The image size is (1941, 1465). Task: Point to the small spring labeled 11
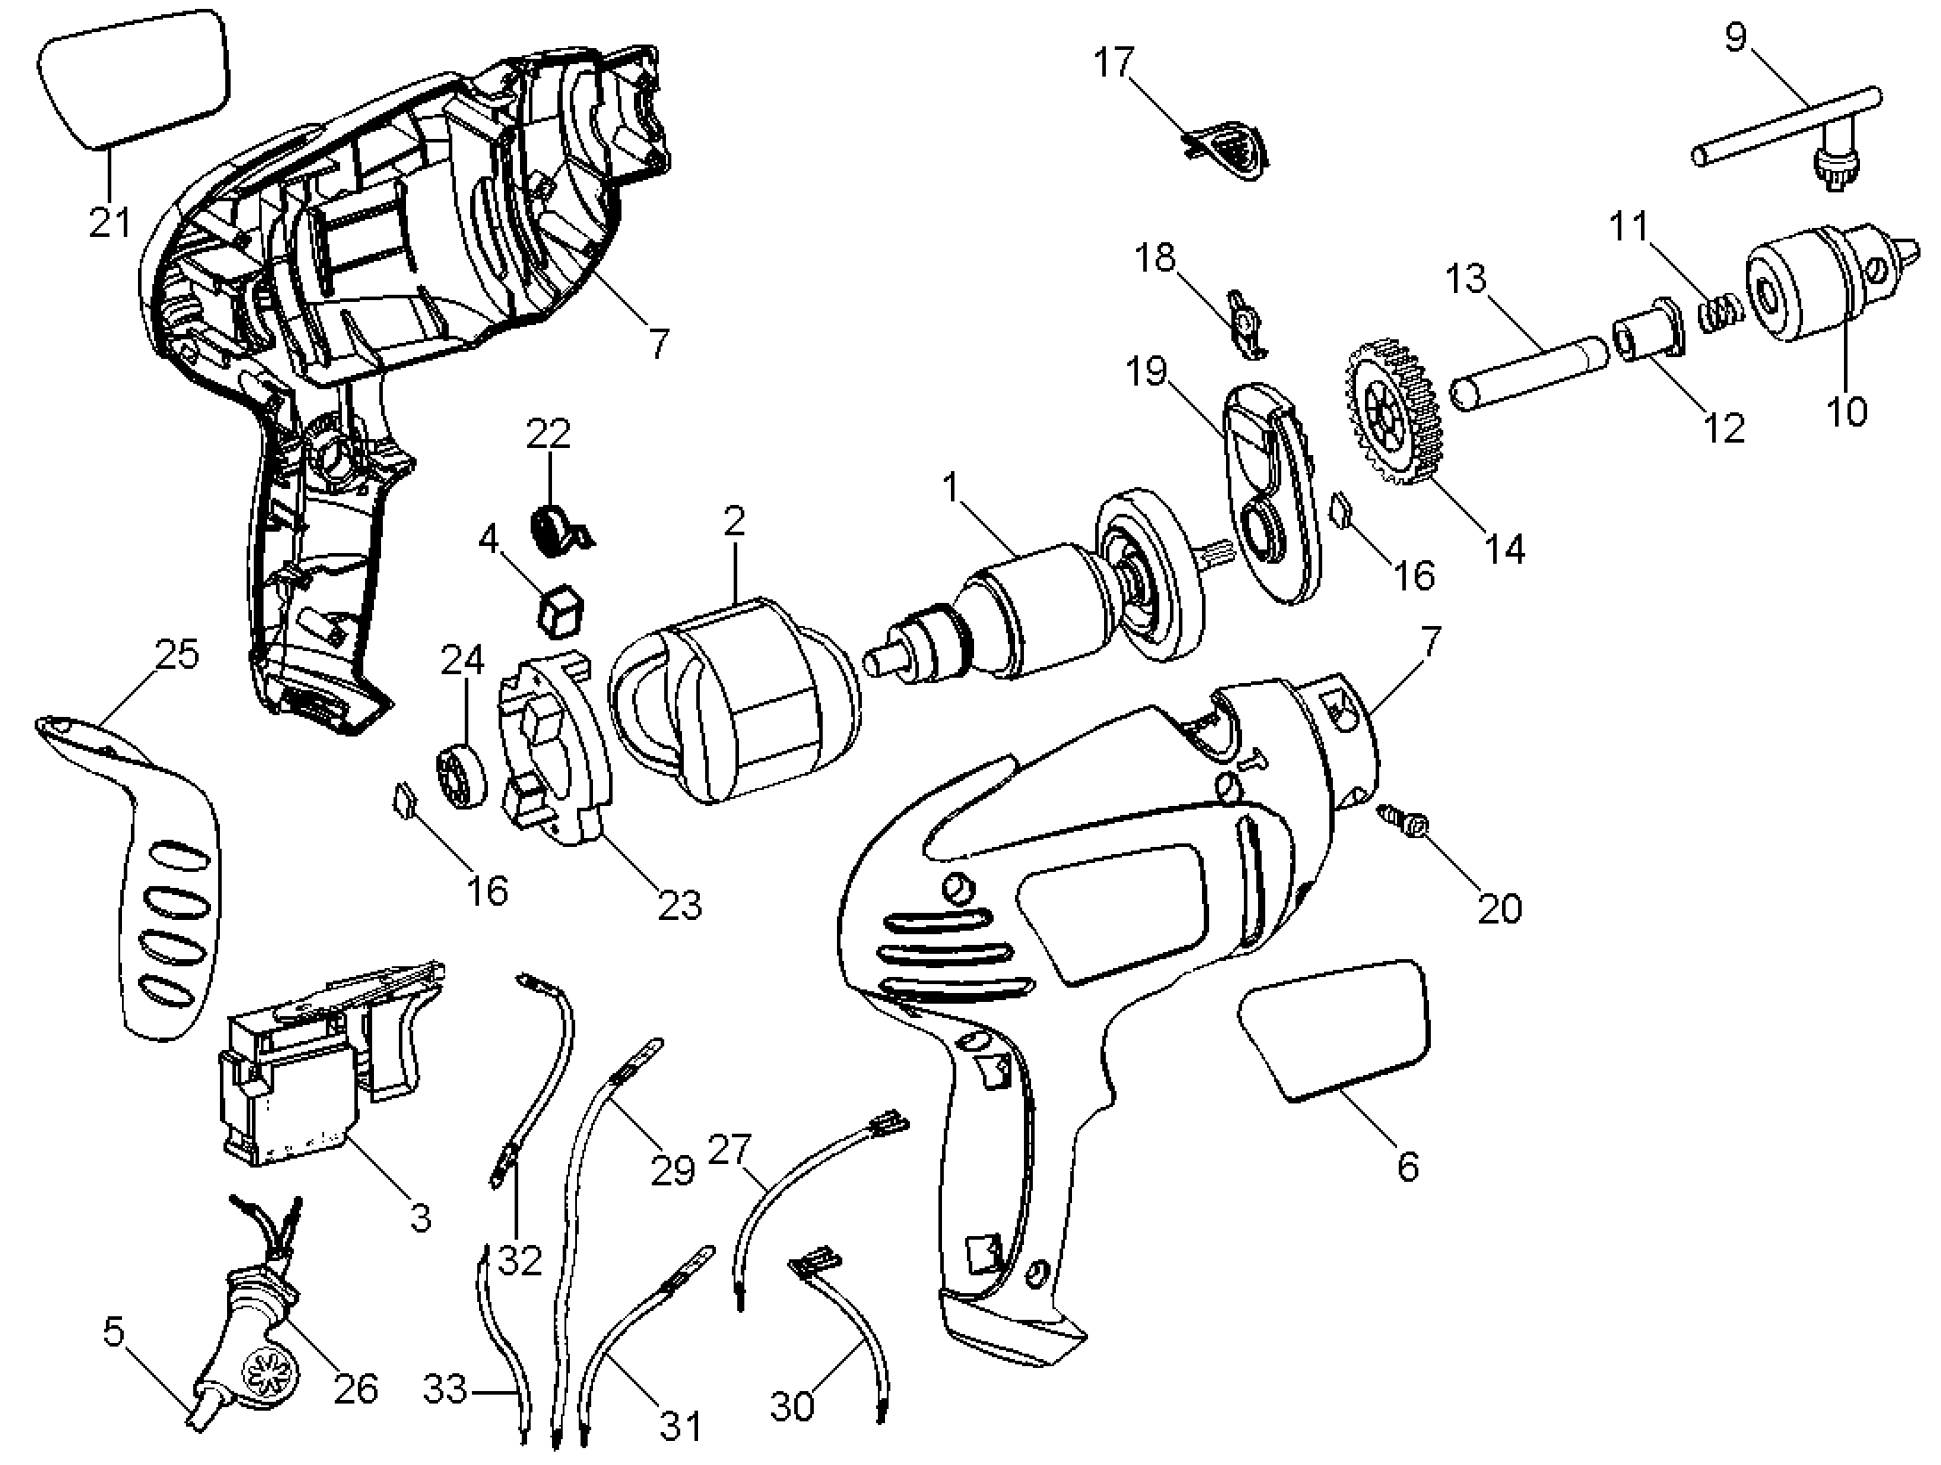point(1721,313)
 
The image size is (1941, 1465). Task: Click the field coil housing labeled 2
point(735,699)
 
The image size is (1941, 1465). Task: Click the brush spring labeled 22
point(557,529)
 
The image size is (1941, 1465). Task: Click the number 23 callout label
point(679,906)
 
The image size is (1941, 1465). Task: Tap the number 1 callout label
point(954,488)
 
